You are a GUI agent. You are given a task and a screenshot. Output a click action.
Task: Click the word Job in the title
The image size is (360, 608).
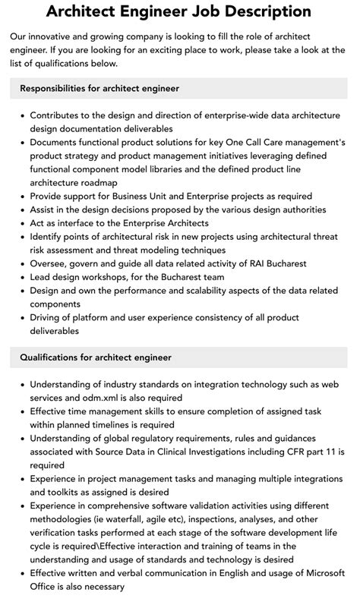[x=194, y=12]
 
